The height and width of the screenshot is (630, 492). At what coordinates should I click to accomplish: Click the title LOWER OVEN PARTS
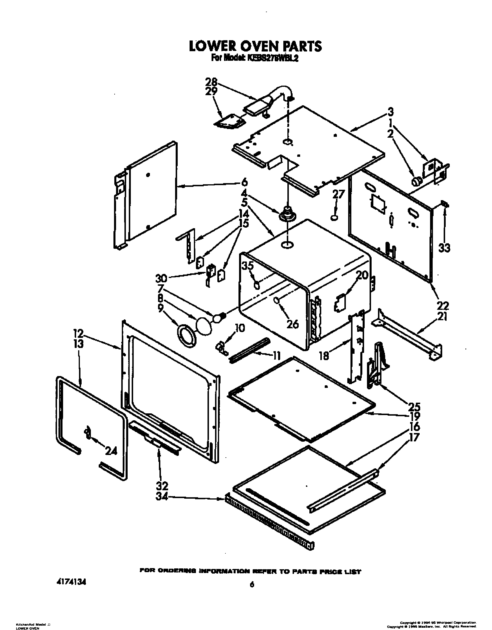pyautogui.click(x=255, y=47)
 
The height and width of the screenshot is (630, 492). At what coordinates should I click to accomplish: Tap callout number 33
pyautogui.click(x=444, y=248)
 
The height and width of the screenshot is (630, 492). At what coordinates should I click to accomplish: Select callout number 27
pyautogui.click(x=338, y=195)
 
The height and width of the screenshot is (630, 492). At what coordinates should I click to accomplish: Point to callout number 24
pyautogui.click(x=111, y=451)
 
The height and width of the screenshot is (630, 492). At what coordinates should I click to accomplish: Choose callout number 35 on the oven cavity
pyautogui.click(x=248, y=266)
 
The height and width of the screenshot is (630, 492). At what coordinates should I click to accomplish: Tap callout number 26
pyautogui.click(x=292, y=324)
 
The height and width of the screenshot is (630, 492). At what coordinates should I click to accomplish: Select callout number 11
pyautogui.click(x=277, y=355)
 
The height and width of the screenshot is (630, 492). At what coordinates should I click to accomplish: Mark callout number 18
pyautogui.click(x=324, y=355)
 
